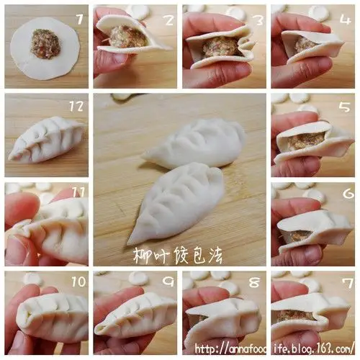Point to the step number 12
pyautogui.click(x=76, y=106)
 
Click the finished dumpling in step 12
pyautogui.click(x=47, y=140)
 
